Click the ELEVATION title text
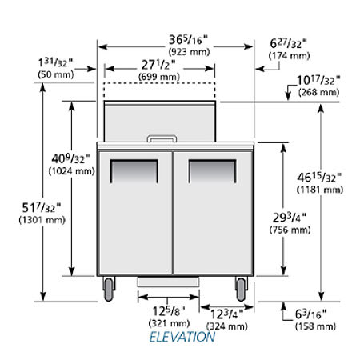tap(182, 337)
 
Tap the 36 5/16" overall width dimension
tap(188, 40)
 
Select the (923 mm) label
tap(189, 51)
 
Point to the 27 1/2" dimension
tap(158, 65)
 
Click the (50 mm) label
tap(56, 74)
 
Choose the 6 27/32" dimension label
tap(288, 44)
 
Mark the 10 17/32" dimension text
tap(319, 80)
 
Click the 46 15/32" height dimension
tap(319, 178)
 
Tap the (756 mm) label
tap(290, 230)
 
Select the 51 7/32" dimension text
tap(42, 208)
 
